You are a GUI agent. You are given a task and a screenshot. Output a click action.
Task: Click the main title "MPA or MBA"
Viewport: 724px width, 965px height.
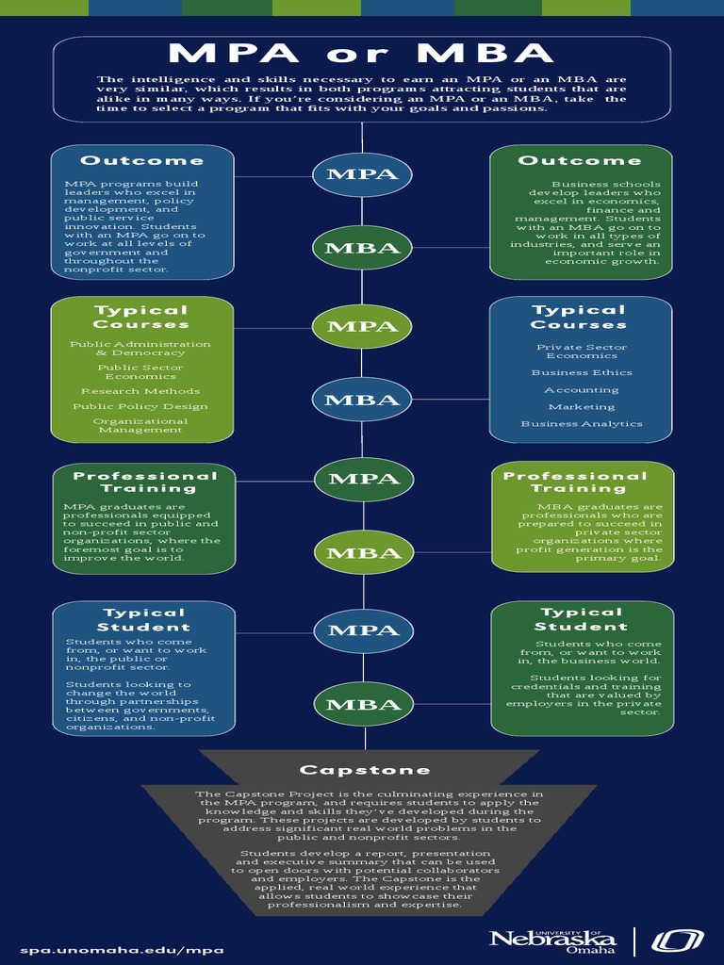362,54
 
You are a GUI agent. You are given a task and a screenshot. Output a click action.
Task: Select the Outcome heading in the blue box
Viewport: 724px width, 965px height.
142,161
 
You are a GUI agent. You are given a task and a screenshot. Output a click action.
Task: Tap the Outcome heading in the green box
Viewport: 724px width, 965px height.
580,161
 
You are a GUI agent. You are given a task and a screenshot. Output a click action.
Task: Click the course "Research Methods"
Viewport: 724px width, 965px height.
140,391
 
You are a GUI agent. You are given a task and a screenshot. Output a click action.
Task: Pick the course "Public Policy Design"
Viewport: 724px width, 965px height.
140,407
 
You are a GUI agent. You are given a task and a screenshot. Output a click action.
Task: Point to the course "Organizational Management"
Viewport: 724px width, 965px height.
140,425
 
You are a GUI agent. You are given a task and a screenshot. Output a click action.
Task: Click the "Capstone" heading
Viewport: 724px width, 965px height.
365,770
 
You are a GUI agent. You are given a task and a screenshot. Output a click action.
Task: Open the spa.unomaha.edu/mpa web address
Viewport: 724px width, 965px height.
123,950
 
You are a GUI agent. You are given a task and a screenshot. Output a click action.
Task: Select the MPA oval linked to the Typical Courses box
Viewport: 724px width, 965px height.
363,326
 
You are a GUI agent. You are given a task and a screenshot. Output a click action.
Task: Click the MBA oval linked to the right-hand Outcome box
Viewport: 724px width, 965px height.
363,249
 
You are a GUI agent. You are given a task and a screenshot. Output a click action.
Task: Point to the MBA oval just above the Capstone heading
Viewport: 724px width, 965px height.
363,705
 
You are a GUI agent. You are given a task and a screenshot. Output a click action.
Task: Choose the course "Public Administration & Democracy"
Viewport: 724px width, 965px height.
140,349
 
